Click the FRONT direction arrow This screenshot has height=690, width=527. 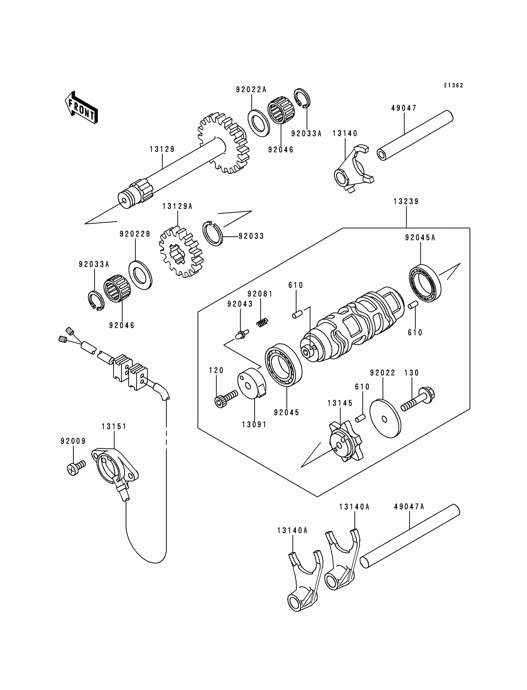[81, 108]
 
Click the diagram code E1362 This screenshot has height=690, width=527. [453, 85]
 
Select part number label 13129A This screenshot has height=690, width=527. [177, 206]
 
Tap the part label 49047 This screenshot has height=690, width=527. [404, 108]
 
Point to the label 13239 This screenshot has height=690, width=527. [406, 201]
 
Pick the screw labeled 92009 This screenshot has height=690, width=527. [75, 470]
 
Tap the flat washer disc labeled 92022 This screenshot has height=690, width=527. [385, 418]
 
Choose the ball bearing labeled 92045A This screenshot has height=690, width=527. [425, 284]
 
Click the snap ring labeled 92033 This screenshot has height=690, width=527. [212, 233]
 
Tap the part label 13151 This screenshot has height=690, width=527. [114, 426]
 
